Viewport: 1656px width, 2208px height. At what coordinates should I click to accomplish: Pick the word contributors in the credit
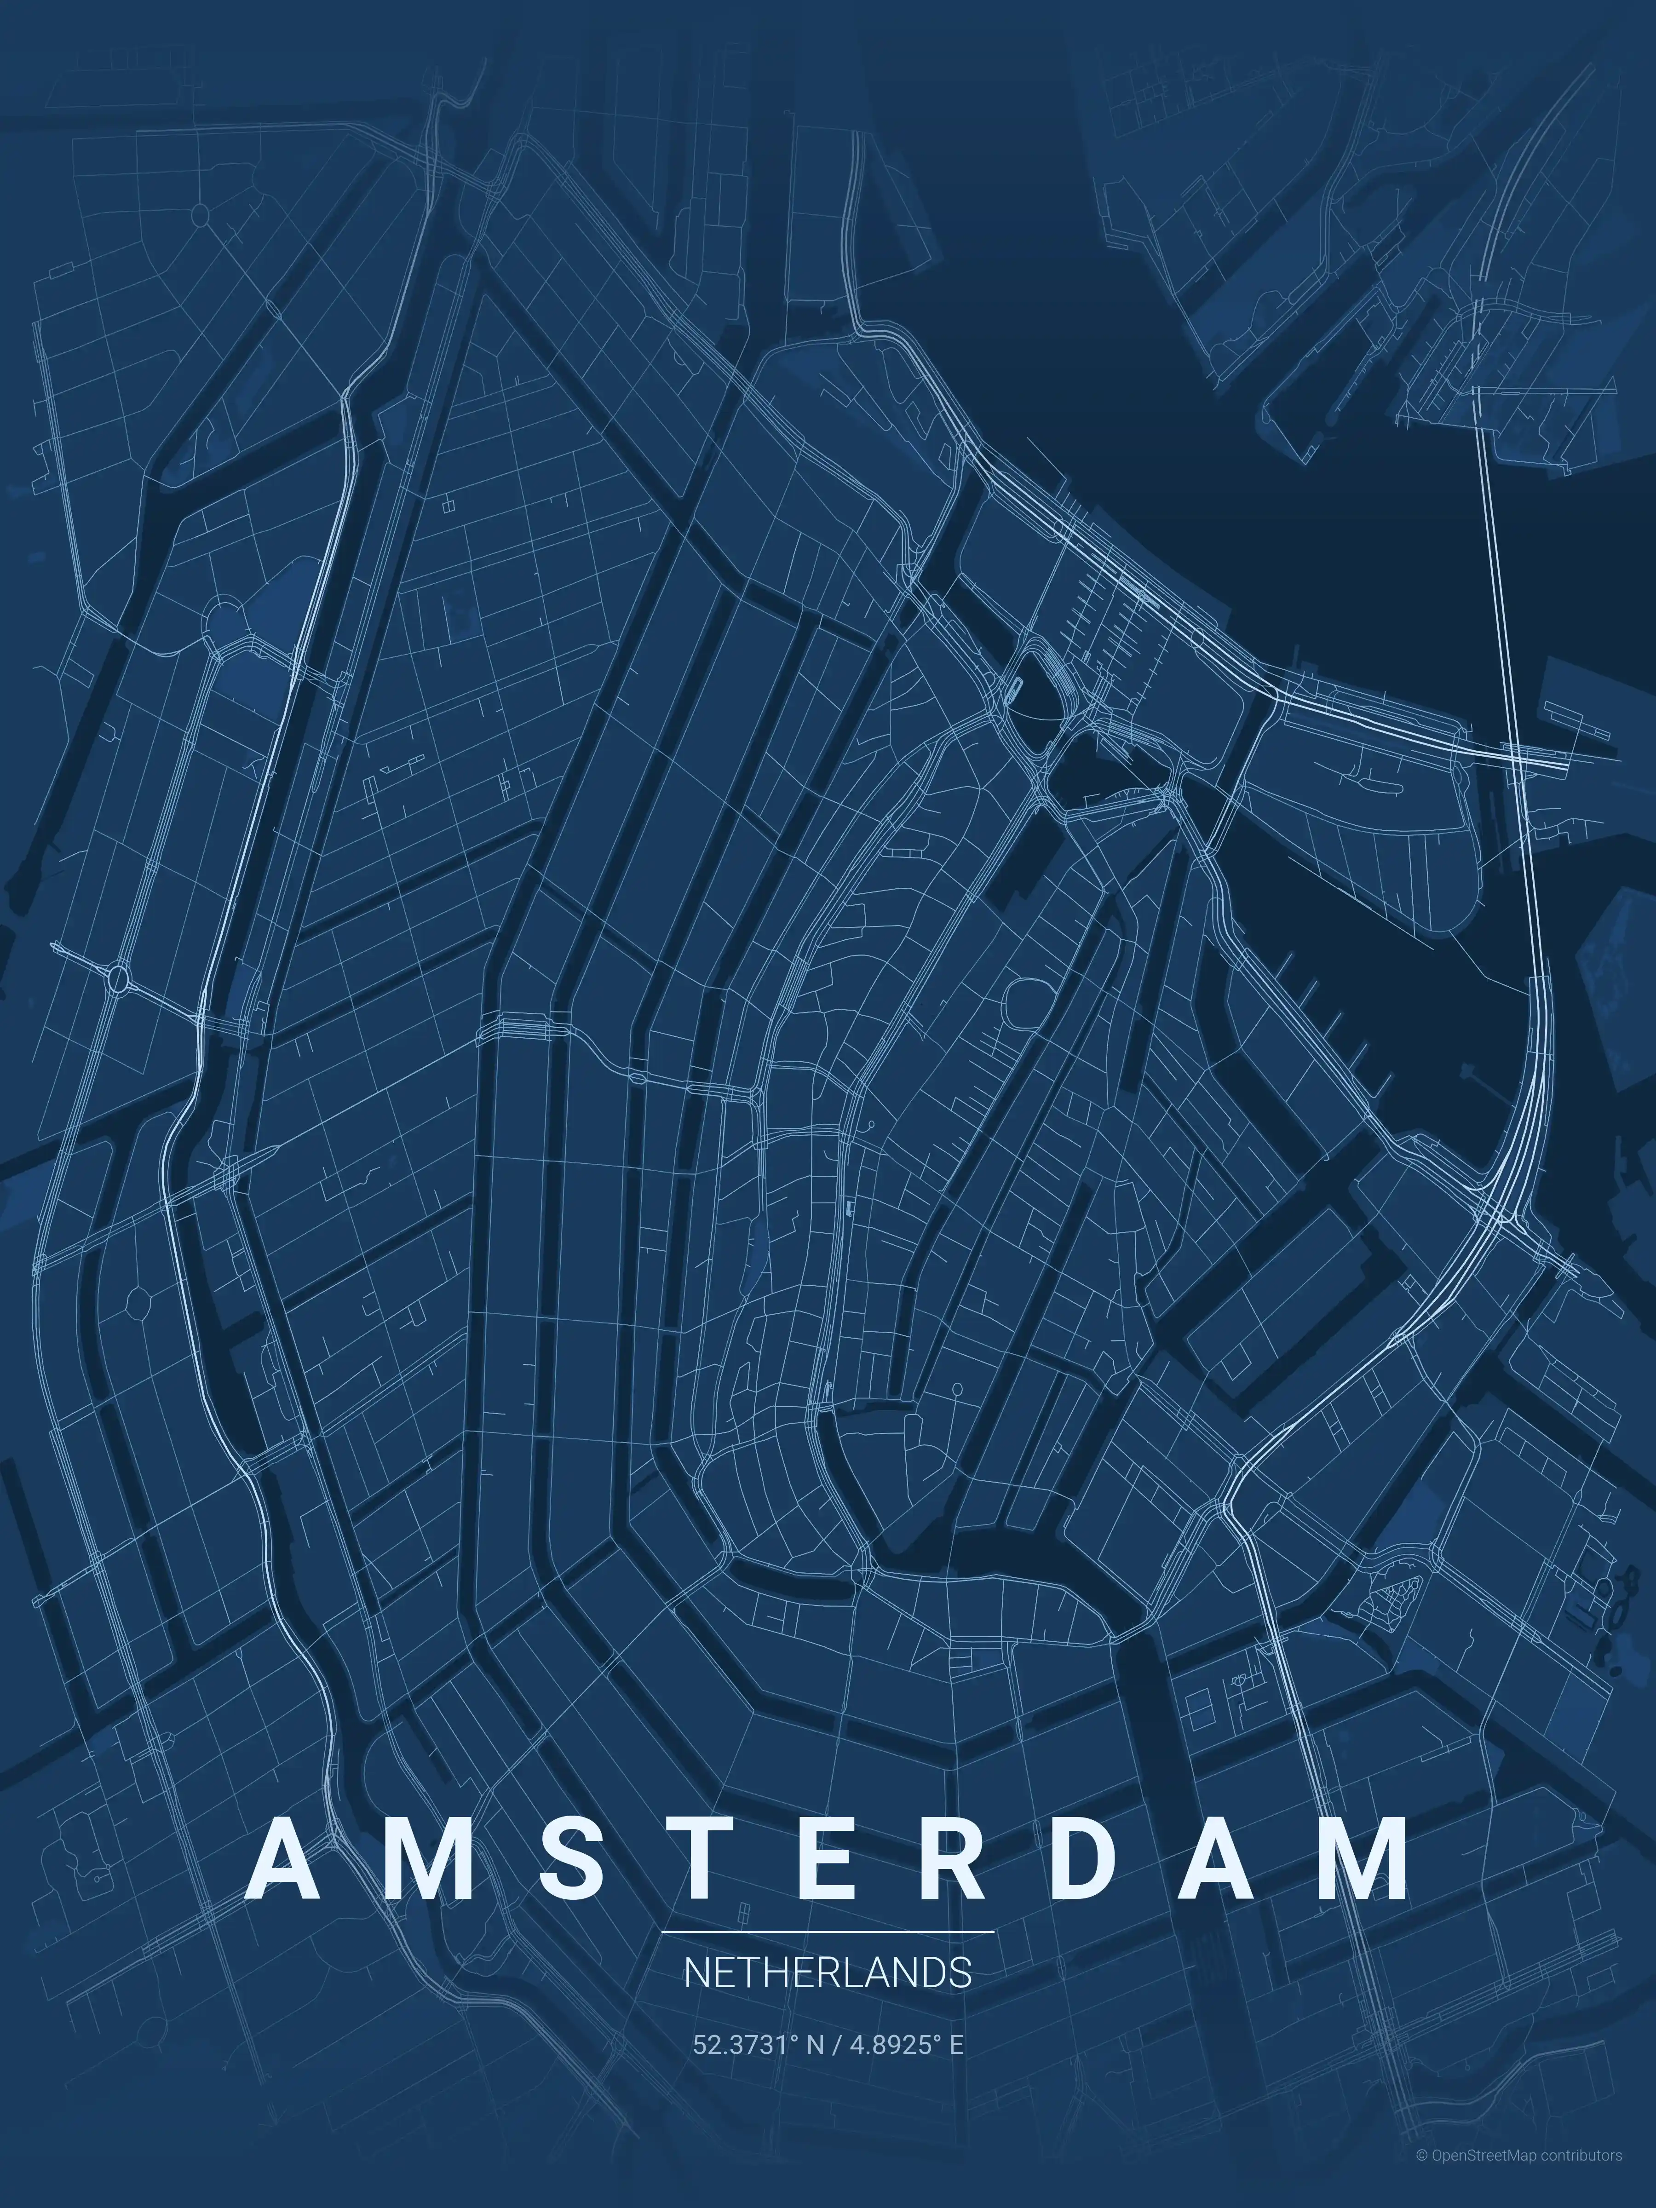(x=1581, y=2183)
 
